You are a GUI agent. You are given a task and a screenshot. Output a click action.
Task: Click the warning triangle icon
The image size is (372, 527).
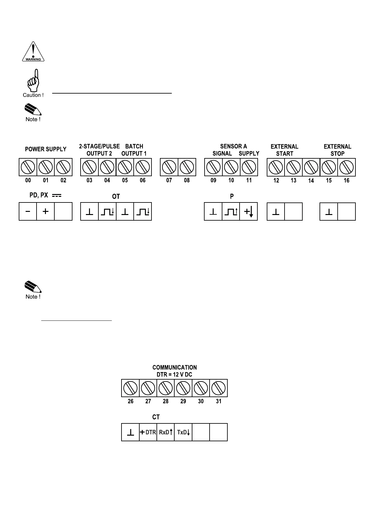point(33,52)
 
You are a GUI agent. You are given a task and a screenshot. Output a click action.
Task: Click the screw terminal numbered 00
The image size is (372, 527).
point(28,167)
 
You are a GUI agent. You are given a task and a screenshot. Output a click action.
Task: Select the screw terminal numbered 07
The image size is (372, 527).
point(169,167)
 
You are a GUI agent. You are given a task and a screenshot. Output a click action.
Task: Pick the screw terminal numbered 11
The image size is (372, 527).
point(249,167)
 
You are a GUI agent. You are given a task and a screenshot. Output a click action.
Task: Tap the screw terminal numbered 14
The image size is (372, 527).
point(311,167)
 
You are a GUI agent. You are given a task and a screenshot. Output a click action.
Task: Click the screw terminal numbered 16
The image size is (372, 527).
point(346,167)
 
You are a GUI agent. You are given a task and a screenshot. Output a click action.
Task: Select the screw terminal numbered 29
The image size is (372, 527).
point(183,388)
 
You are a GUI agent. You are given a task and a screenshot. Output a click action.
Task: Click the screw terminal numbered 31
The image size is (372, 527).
point(218,388)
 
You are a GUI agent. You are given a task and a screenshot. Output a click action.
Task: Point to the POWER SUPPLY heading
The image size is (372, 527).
point(46,149)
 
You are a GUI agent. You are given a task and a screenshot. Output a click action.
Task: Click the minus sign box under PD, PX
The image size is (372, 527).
point(28,212)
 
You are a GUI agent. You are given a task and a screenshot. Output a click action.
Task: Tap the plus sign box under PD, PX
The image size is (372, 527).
point(46,212)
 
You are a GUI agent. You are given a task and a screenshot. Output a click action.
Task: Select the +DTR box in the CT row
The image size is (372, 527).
point(148,432)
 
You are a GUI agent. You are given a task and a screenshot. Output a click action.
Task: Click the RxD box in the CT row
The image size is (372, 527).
point(166,432)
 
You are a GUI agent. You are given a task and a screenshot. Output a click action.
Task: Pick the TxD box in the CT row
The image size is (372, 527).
point(183,432)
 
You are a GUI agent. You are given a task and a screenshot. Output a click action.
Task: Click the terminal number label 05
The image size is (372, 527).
point(125,180)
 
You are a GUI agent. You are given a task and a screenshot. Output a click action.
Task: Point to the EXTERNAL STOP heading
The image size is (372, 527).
point(337,150)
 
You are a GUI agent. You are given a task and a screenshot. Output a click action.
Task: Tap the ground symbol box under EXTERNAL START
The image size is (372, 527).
point(276,212)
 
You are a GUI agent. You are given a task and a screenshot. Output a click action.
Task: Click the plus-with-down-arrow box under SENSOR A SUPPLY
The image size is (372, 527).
point(249,212)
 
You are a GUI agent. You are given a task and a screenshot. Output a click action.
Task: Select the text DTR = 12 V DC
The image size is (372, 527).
point(174,375)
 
